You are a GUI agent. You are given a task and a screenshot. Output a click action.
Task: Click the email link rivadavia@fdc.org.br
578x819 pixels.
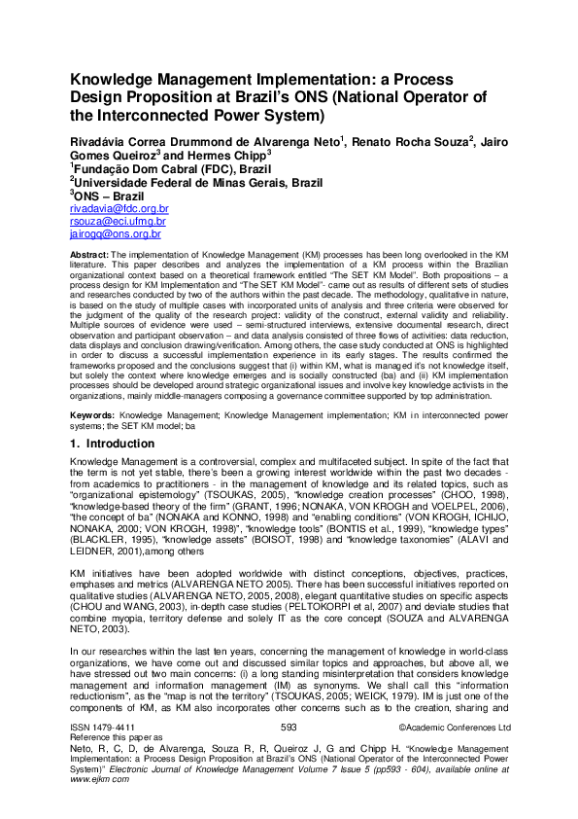119,208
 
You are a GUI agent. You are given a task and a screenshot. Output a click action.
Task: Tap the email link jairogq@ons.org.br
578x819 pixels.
116,234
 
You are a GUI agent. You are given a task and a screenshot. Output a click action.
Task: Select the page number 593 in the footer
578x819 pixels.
289,754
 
